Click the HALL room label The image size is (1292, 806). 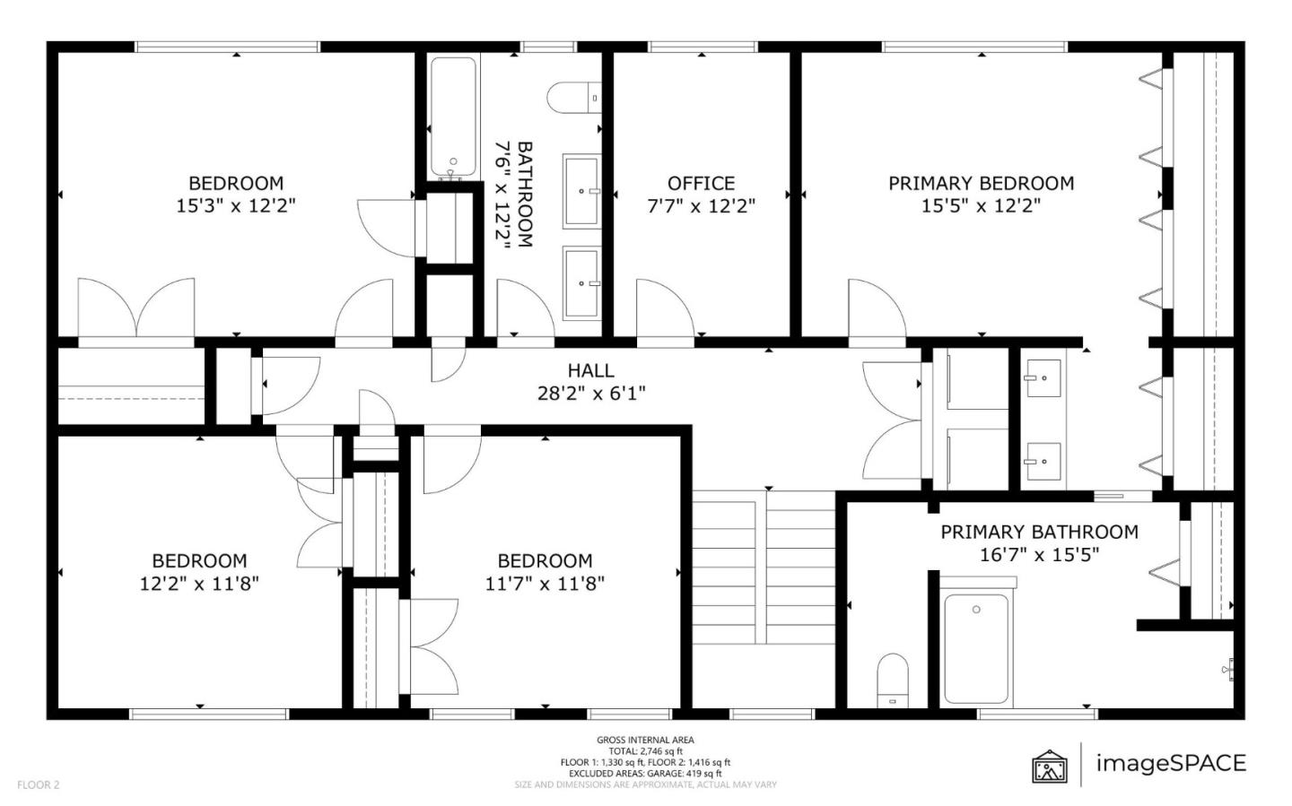pos(590,370)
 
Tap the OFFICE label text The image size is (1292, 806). pos(701,184)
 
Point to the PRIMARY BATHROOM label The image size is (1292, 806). pos(1039,532)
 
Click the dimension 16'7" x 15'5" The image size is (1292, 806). pos(1039,555)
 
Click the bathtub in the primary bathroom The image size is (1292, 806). pos(976,647)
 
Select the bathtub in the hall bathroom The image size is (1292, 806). pos(453,117)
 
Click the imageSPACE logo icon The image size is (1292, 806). pos(1050,766)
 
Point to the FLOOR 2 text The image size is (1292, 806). pos(38,784)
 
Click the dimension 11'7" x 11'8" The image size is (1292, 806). pos(545,584)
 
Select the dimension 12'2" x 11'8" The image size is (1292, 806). pos(199,584)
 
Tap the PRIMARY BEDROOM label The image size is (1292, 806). pos(981,184)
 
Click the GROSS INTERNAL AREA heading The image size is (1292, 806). pos(645,740)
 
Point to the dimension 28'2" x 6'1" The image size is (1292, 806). pos(590,393)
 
